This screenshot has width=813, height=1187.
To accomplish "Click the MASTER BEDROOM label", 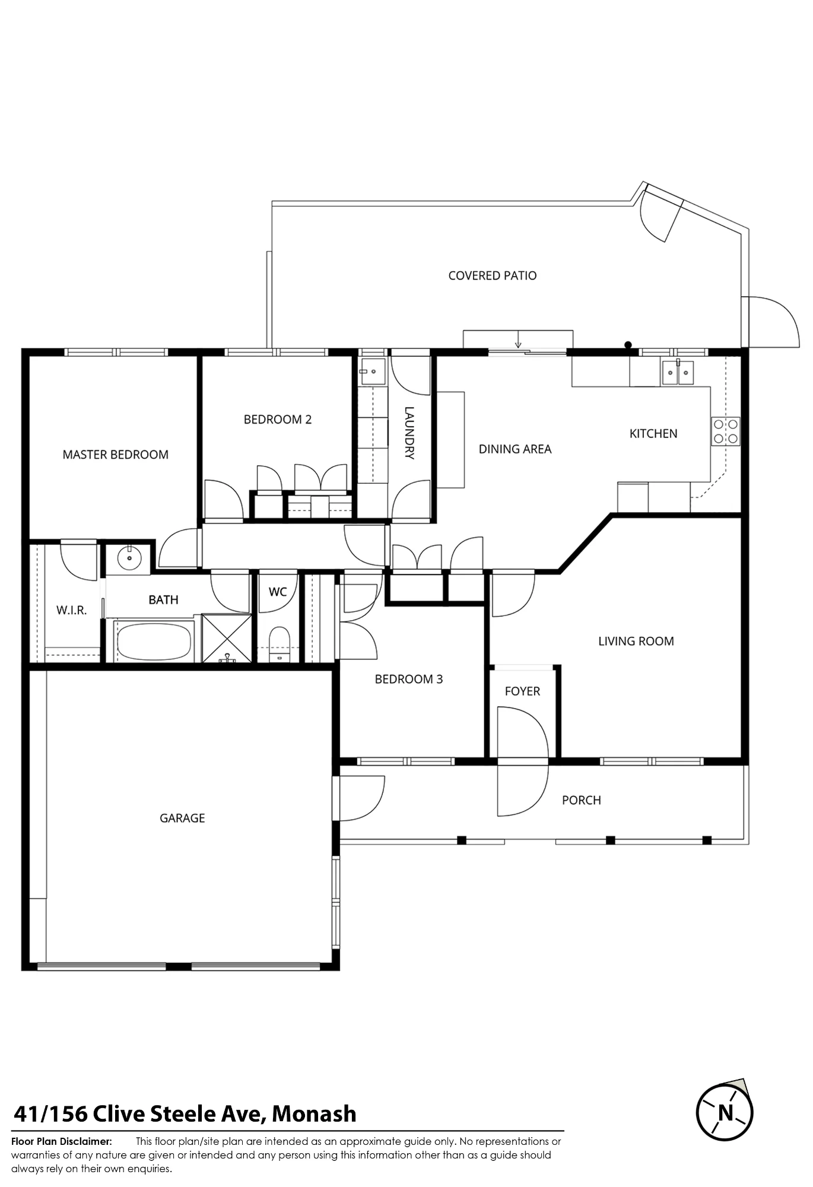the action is pos(116,455).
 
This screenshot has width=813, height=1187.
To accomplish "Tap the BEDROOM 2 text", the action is pos(278,420).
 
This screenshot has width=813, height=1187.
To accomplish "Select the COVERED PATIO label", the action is pos(493,275).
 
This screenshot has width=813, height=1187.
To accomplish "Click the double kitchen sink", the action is pos(678,372).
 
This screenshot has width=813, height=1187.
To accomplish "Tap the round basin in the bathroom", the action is pos(129,558).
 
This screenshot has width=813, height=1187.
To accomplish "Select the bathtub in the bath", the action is pos(154,641).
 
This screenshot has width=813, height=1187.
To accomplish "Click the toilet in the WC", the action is pos(279,645).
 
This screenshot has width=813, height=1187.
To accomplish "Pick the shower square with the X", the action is pos(227,638).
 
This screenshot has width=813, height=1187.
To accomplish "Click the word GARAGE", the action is pos(182,818).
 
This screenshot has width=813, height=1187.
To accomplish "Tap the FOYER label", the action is pos(522,691).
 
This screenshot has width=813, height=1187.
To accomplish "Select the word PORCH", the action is pos(582,800).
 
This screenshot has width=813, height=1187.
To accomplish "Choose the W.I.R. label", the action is pos(72,610).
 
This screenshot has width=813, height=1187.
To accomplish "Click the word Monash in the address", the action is pos(314,1114).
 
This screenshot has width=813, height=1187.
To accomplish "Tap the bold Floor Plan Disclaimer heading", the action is pos(62,1141).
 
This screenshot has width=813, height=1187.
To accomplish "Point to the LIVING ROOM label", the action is pos(636,641).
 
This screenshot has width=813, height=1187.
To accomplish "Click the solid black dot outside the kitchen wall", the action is pos(628,344).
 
